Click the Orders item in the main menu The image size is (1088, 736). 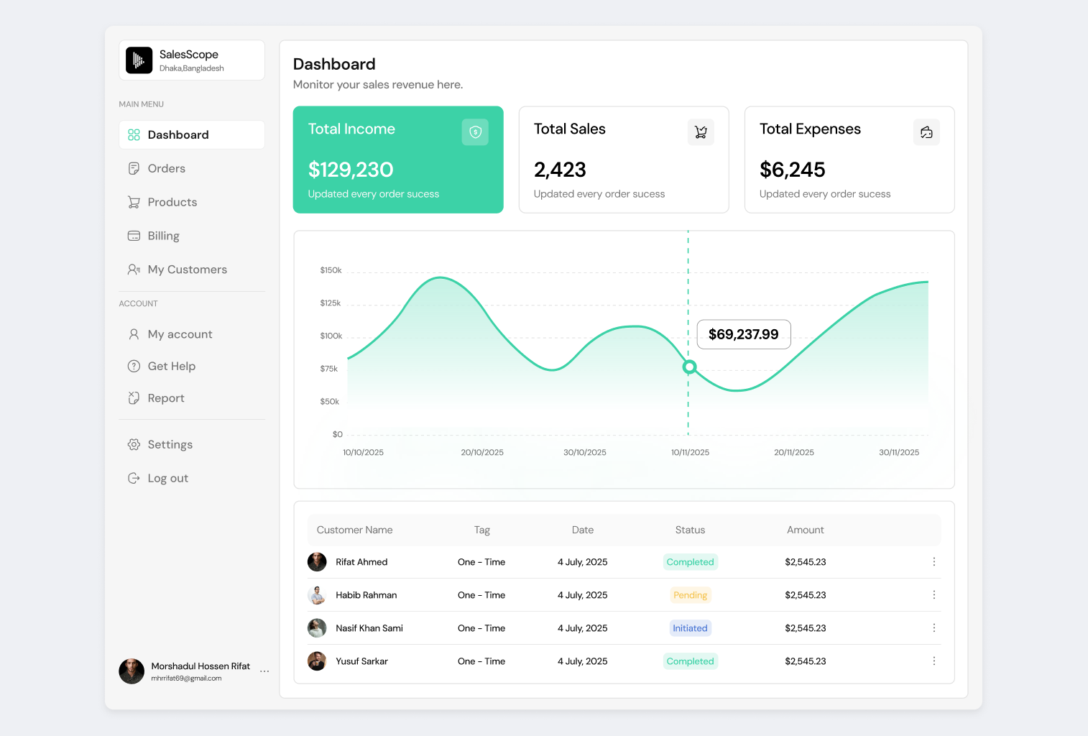tap(166, 168)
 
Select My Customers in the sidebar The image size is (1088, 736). tap(187, 270)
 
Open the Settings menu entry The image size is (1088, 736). tap(170, 444)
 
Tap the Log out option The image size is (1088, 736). tap(167, 478)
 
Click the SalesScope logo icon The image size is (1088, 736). tap(139, 60)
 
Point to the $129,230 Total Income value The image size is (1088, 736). tap(351, 170)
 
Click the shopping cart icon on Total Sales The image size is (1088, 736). tap(701, 132)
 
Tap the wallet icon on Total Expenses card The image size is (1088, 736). tap(926, 132)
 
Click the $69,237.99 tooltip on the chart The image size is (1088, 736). tap(744, 334)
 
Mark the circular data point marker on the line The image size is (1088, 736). tap(689, 367)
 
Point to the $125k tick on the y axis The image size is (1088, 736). tap(331, 303)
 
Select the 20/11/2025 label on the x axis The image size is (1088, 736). tap(794, 453)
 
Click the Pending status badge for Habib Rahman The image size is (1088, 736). tap(690, 595)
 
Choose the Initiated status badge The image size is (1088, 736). tap(690, 628)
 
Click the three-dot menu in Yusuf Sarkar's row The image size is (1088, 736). tap(934, 661)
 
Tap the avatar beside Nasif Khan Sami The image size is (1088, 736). tap(317, 628)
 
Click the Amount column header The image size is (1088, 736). tap(805, 530)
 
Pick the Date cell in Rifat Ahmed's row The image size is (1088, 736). tap(582, 562)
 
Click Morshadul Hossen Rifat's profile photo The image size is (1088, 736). tap(132, 671)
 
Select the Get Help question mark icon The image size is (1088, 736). tap(134, 366)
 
